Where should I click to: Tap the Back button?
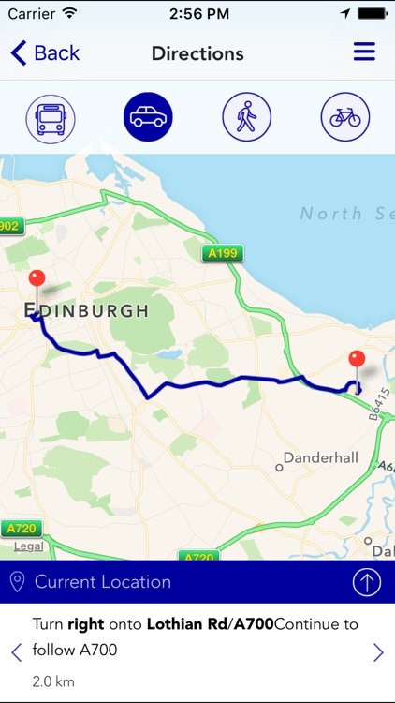(x=45, y=53)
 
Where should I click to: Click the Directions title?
(x=197, y=53)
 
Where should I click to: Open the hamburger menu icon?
(x=364, y=52)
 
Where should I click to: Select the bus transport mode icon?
(x=51, y=118)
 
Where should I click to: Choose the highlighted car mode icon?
(x=148, y=117)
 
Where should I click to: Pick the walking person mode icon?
(x=246, y=118)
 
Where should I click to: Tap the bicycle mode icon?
(x=344, y=118)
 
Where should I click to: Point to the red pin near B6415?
(x=356, y=361)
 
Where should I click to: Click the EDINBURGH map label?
(x=86, y=310)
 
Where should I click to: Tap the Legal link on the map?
(x=28, y=546)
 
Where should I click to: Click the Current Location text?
(x=103, y=582)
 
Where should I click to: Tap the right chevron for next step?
(x=378, y=652)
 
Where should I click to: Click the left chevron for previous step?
(x=16, y=652)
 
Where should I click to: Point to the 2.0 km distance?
(x=53, y=681)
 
